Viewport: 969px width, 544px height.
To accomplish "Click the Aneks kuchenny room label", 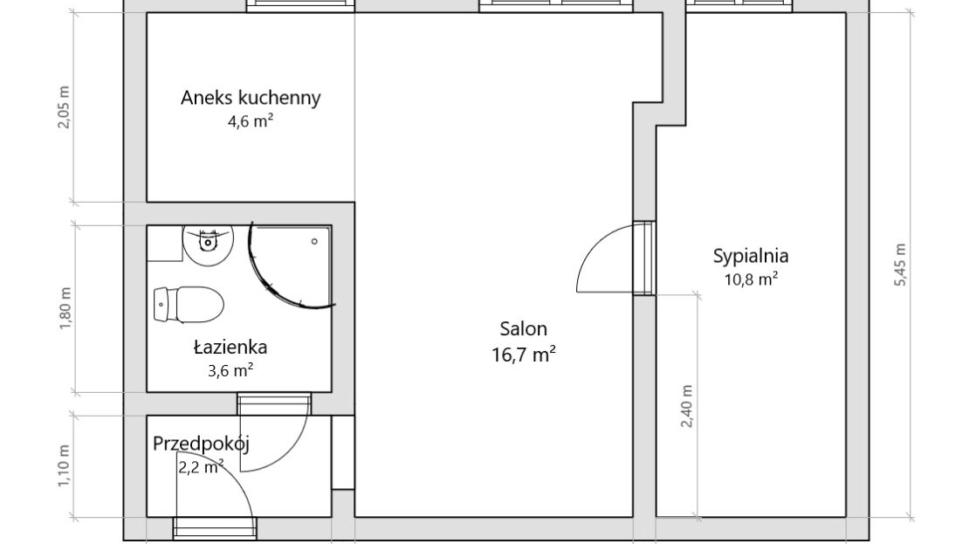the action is pyautogui.click(x=251, y=98).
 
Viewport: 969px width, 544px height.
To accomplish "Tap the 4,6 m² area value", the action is pyautogui.click(x=251, y=121).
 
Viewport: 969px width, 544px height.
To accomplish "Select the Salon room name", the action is pyautogui.click(x=524, y=328).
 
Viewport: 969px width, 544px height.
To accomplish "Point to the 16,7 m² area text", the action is pyautogui.click(x=524, y=355).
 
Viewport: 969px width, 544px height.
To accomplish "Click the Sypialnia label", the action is pyautogui.click(x=750, y=256).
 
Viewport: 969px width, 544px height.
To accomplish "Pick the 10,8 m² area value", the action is pyautogui.click(x=750, y=279).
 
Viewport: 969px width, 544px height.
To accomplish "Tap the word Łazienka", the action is pyautogui.click(x=230, y=347).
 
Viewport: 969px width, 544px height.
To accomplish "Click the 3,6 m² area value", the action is pyautogui.click(x=230, y=370).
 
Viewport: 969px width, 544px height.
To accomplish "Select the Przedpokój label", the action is pyautogui.click(x=201, y=444).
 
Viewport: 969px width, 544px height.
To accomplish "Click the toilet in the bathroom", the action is pyautogui.click(x=189, y=304).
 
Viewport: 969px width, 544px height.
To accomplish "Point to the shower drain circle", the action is pyautogui.click(x=314, y=241).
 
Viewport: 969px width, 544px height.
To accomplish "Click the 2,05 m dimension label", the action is pyautogui.click(x=65, y=107).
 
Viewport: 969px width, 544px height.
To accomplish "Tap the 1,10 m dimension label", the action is pyautogui.click(x=65, y=465).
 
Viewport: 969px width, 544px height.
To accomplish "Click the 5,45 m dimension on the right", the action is pyautogui.click(x=900, y=264).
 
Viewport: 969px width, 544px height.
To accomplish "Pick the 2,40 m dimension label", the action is pyautogui.click(x=686, y=406).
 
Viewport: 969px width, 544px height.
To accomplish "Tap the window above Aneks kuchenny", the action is pyautogui.click(x=300, y=5).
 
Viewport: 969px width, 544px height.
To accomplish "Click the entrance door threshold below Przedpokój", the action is pyautogui.click(x=215, y=528).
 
